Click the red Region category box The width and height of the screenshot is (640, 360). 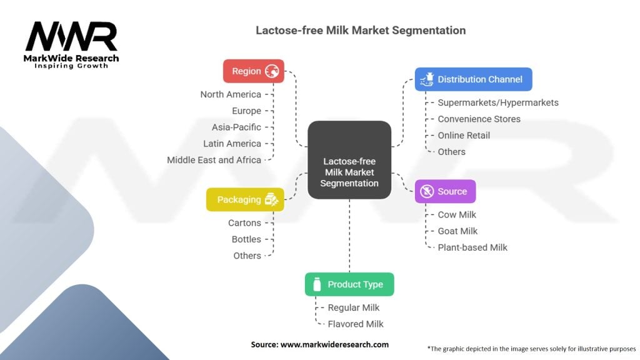[x=253, y=71]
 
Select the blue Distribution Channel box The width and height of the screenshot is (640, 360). [x=473, y=79]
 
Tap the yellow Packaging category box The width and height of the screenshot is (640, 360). [x=245, y=200]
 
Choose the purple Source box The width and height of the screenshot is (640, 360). [x=445, y=191]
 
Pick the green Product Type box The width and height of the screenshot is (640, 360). [x=349, y=284]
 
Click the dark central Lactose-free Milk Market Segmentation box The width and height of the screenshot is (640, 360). [x=349, y=160]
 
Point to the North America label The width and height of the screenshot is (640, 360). [x=231, y=94]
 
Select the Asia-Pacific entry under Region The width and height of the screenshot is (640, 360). [x=236, y=127]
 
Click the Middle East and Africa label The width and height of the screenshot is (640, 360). [x=214, y=160]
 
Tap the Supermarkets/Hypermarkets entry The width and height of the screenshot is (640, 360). [x=498, y=102]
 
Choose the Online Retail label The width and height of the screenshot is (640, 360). [x=464, y=135]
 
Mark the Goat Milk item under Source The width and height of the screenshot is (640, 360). [x=457, y=231]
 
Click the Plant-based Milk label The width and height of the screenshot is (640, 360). [x=472, y=247]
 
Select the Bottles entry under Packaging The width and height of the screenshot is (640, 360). [x=246, y=239]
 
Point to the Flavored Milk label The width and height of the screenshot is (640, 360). [x=356, y=324]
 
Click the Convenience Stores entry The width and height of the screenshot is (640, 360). [x=479, y=119]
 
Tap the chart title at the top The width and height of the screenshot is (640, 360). [x=361, y=30]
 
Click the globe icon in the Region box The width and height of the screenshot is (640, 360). [x=272, y=71]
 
